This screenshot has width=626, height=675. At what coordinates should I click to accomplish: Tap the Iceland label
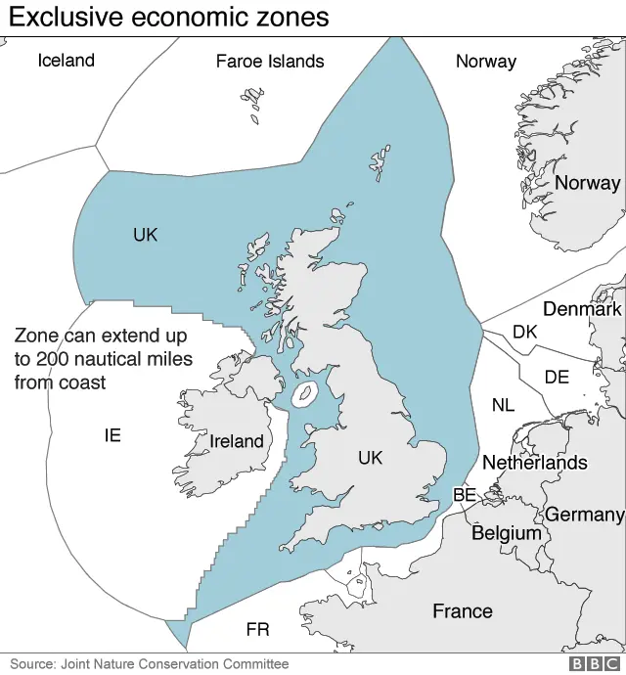pos(66,60)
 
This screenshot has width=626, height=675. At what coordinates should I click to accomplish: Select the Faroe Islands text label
pos(269,61)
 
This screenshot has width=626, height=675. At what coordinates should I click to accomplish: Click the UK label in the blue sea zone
pos(145,235)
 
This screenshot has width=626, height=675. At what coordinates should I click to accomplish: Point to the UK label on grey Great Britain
pos(370,458)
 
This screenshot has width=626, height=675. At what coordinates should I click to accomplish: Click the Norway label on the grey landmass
pos(587,182)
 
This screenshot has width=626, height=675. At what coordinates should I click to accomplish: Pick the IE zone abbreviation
pos(112,434)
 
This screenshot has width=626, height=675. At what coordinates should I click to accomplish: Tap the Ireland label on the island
pos(237,441)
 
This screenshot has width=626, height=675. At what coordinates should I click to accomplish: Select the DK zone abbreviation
pos(524,332)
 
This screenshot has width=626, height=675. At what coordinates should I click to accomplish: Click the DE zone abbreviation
pos(556,377)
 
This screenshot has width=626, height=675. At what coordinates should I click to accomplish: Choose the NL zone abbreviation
pos(503,405)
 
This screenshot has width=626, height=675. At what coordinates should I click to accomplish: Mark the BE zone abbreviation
pos(464,496)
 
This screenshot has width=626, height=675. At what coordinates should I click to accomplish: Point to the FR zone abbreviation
pos(257,629)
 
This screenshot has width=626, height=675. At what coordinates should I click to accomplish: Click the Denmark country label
pos(582,309)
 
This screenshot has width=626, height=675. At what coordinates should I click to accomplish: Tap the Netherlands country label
pos(535,462)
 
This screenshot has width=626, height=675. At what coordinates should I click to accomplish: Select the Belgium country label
pos(506,533)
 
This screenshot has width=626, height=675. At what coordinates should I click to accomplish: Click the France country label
pos(463,611)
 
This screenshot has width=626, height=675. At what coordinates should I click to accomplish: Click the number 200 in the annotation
pos(55,358)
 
